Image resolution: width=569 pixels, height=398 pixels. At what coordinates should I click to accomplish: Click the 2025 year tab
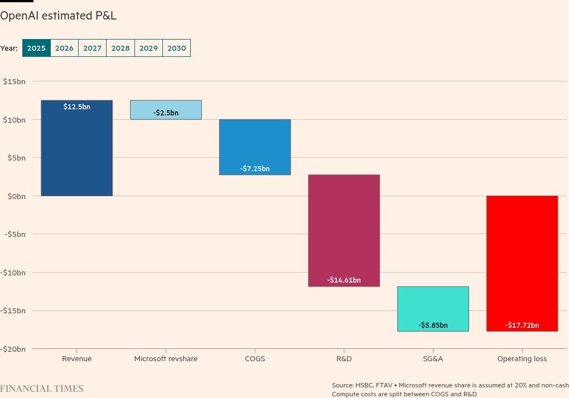[x=36, y=48]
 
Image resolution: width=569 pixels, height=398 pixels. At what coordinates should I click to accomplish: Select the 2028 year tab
[x=120, y=48]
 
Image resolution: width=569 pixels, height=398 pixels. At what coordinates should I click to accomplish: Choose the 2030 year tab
[x=176, y=48]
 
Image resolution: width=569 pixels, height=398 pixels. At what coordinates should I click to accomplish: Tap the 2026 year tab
[x=64, y=48]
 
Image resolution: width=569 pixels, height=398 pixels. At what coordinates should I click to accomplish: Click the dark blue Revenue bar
[x=76, y=151]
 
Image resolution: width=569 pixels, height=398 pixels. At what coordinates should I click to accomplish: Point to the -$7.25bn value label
[x=255, y=168]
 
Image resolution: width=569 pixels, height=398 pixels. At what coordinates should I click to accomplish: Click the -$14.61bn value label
[x=344, y=280]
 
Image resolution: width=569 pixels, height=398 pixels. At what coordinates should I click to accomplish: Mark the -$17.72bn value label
[x=522, y=325]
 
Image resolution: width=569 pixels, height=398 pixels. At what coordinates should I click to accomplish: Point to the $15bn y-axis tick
[x=14, y=81]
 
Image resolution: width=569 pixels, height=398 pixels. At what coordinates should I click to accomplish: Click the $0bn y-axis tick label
[x=16, y=196]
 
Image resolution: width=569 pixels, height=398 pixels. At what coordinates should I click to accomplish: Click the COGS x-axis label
[x=255, y=359]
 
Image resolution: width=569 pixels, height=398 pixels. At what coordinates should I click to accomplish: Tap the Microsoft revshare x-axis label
[x=166, y=359]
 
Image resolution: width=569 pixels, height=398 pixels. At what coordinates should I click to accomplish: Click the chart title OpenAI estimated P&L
[x=58, y=16]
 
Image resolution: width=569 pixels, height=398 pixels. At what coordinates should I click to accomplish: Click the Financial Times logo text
[x=42, y=389]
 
